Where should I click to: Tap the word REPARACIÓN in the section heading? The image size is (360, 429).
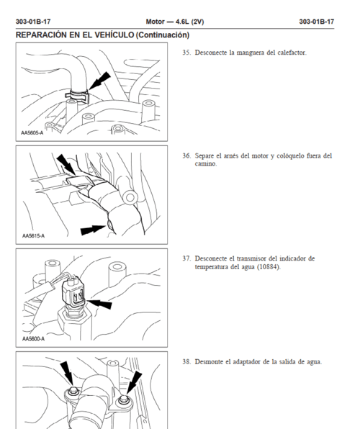point(45,35)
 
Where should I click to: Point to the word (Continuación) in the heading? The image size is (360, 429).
point(162,35)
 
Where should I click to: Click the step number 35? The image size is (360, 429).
point(186,53)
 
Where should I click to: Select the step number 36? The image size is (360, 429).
point(186,155)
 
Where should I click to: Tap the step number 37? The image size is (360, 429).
point(186,258)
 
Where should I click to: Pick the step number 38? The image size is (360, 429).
point(186,361)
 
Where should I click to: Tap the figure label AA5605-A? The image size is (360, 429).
point(32,132)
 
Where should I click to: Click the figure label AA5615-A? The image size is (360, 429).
point(32,235)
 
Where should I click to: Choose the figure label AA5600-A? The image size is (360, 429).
point(32,338)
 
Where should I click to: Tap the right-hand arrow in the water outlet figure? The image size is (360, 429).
point(134,379)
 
